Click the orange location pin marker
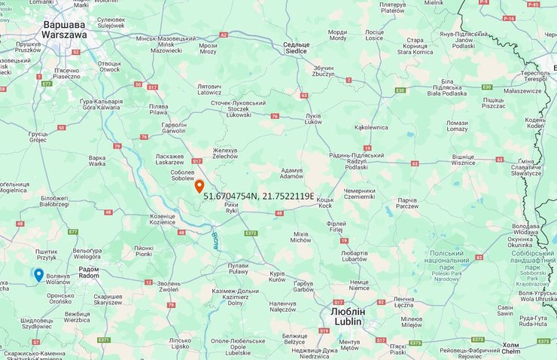(x=199, y=186)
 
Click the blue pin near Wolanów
(x=38, y=275)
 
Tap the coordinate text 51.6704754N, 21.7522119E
(x=259, y=197)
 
